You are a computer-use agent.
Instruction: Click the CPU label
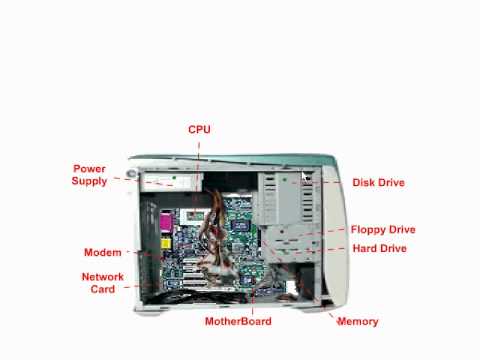tap(199, 130)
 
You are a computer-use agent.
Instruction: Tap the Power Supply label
tap(89, 175)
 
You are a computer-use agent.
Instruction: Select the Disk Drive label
tap(378, 183)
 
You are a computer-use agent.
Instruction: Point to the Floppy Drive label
tap(382, 229)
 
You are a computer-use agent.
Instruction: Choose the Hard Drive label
tap(379, 248)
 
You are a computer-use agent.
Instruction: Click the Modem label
tap(102, 253)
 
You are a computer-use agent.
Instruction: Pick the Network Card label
tap(102, 282)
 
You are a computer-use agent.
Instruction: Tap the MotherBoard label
tap(238, 321)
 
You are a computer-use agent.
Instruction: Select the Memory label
tap(358, 321)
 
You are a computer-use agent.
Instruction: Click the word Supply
tap(89, 181)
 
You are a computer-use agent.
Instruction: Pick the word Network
tap(102, 276)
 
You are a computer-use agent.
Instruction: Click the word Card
tap(103, 289)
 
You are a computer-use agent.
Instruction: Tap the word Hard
tap(365, 248)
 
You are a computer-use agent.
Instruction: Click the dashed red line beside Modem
tap(138, 253)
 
